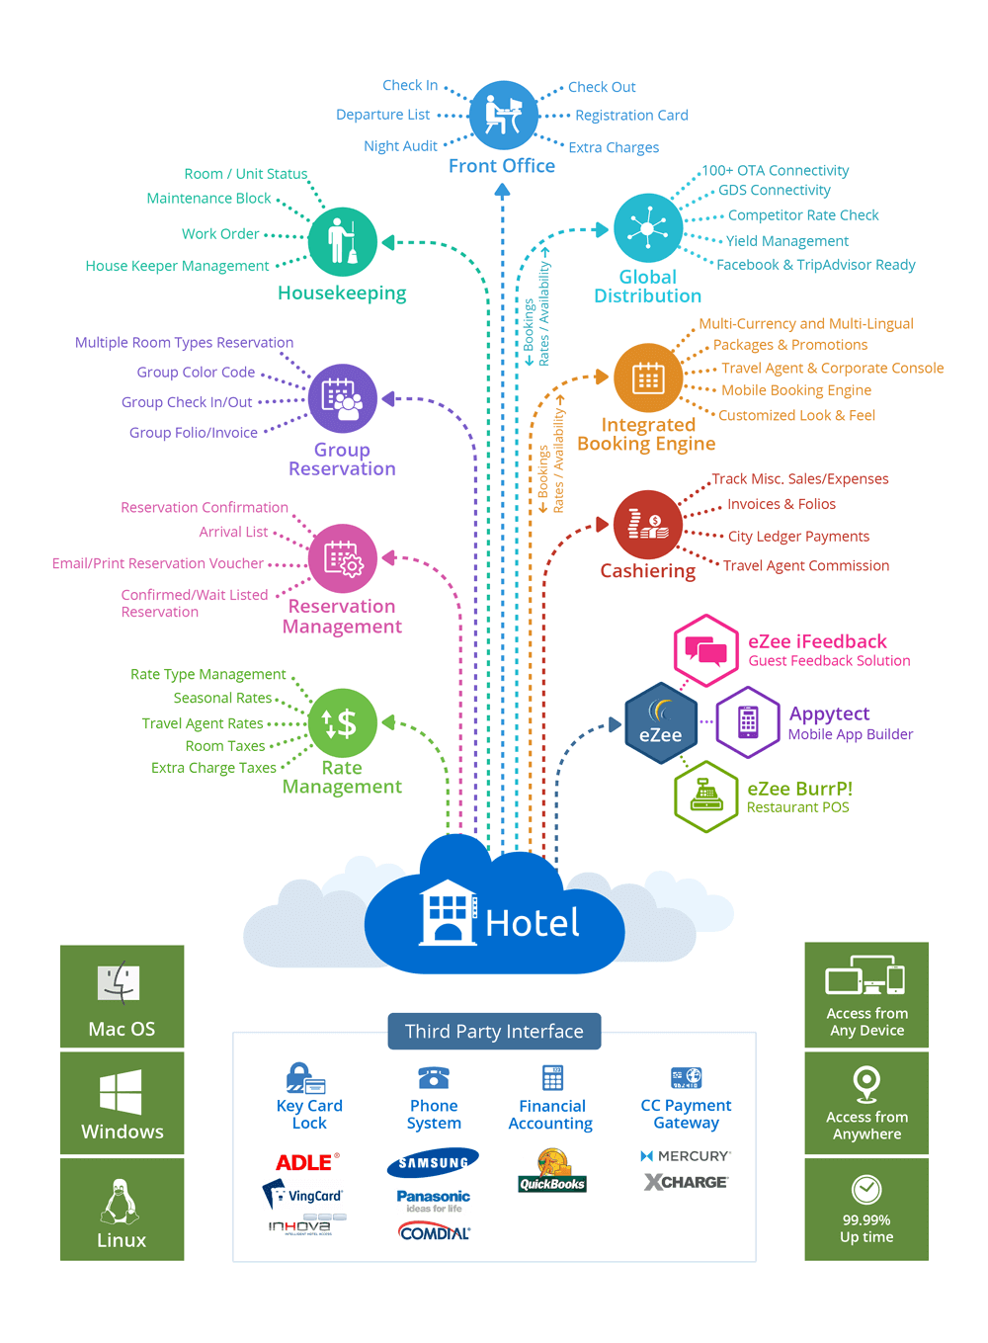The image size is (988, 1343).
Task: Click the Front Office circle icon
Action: point(503,116)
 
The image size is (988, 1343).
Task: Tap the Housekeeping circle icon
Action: point(342,242)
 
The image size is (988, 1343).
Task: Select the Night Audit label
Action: point(400,146)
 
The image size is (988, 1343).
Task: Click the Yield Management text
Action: point(786,241)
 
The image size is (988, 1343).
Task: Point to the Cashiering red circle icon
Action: point(647,525)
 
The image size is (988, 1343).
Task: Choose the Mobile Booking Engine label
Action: point(795,390)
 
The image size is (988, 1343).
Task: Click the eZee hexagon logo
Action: point(660,723)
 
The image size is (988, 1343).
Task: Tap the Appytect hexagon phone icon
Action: point(748,722)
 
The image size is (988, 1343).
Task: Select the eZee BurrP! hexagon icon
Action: point(705,797)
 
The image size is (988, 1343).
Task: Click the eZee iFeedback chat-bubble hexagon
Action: point(705,650)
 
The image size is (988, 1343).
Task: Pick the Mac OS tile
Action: point(122,996)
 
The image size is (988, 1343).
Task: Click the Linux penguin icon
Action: point(121,1201)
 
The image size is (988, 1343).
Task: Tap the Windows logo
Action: point(121,1092)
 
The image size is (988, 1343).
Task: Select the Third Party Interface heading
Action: point(494,1032)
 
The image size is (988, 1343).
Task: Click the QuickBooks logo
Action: point(552,1172)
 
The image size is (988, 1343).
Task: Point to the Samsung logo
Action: point(433,1163)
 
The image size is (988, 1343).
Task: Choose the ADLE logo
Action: point(306,1162)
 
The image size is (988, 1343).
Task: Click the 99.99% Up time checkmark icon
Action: point(866,1189)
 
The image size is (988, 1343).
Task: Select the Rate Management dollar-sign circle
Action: point(342,723)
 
